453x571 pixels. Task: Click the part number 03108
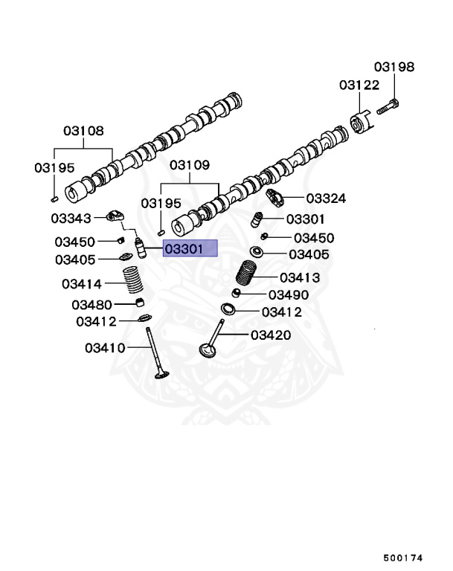click(x=83, y=130)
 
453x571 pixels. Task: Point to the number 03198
click(x=393, y=67)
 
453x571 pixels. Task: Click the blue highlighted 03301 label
click(x=190, y=249)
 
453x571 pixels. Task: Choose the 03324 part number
click(x=326, y=199)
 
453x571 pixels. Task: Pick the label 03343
click(x=71, y=218)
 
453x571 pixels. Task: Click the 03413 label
click(x=299, y=278)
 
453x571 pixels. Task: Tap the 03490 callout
click(x=288, y=295)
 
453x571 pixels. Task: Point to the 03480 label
click(x=91, y=304)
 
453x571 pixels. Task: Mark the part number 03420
click(x=271, y=335)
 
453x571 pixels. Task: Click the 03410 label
click(x=104, y=347)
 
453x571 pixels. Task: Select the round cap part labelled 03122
click(x=360, y=123)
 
